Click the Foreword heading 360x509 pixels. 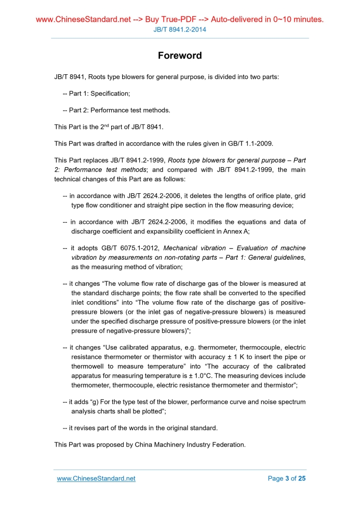[180, 56]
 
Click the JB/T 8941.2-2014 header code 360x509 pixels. [180, 30]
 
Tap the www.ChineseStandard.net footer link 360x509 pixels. [96, 478]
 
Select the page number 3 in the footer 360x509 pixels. [287, 478]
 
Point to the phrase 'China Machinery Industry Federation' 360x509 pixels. [190, 445]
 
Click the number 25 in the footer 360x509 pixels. [302, 478]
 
